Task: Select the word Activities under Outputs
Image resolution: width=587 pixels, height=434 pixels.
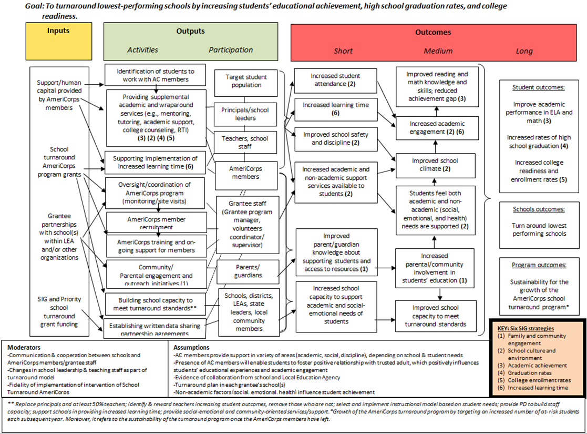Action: (142, 50)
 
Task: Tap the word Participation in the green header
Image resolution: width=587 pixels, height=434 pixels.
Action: (231, 50)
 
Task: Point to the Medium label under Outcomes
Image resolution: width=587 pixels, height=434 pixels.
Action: (438, 51)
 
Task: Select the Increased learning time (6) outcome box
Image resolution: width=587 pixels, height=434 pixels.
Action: (335, 109)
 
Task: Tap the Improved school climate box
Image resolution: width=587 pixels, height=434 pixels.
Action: (435, 165)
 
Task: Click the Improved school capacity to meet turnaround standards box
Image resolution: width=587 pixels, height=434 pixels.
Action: (435, 316)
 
